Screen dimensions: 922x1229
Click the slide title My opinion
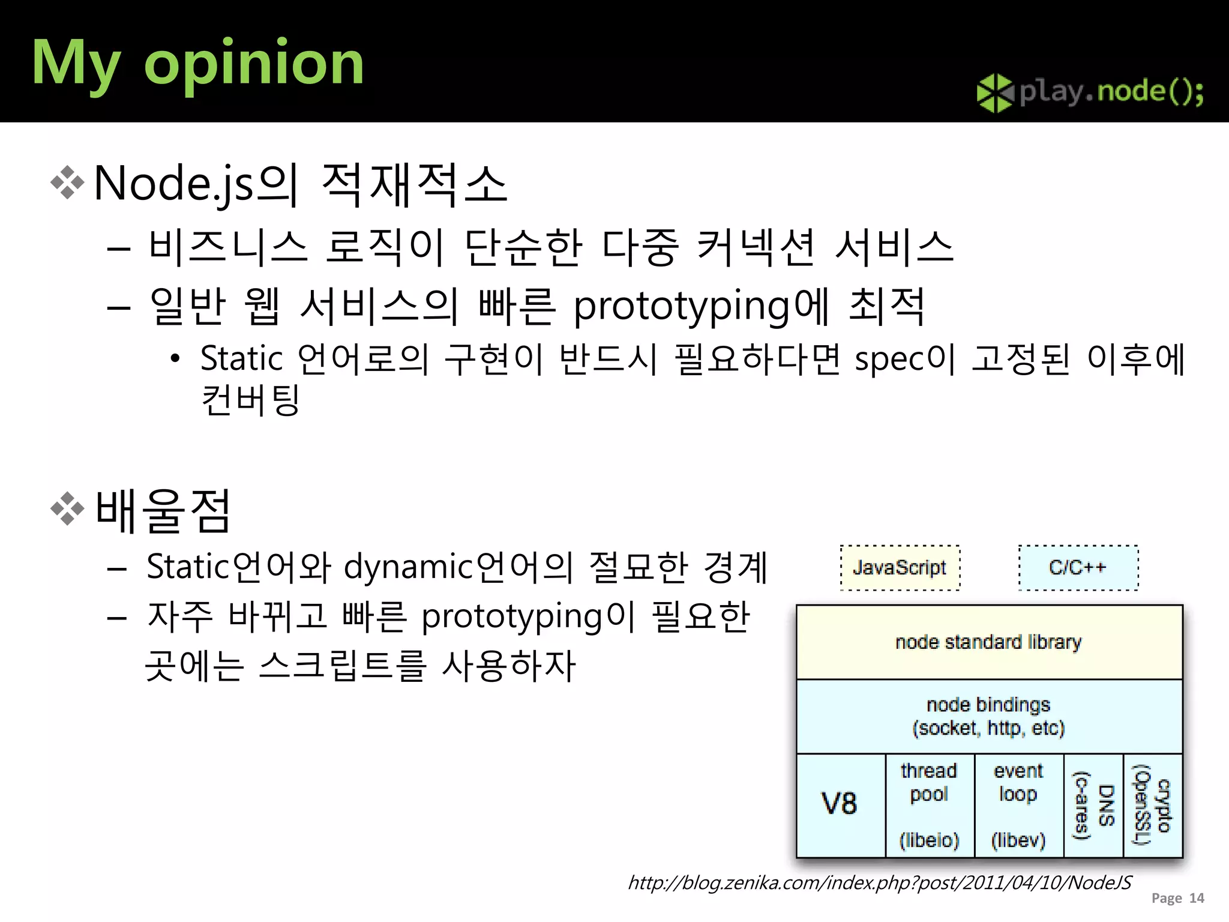[197, 63]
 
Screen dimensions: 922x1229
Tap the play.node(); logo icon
[994, 92]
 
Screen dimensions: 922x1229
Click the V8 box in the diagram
[840, 804]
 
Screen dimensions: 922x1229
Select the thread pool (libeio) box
[929, 804]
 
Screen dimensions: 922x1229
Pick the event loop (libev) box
[1018, 804]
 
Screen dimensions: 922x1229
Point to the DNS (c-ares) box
[1093, 804]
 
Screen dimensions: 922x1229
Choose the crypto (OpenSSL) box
[1152, 804]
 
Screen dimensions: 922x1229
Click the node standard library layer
[988, 642]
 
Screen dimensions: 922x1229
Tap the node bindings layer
[988, 716]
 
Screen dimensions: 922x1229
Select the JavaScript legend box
[900, 568]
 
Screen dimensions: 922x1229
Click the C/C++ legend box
[1078, 568]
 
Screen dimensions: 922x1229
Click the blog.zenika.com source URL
[879, 882]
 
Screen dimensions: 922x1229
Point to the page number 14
[1197, 898]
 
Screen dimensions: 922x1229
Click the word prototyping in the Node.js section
[682, 307]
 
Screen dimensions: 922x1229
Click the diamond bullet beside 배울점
[67, 509]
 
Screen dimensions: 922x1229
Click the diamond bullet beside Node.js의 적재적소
[67, 182]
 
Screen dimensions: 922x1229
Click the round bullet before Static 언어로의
[175, 360]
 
